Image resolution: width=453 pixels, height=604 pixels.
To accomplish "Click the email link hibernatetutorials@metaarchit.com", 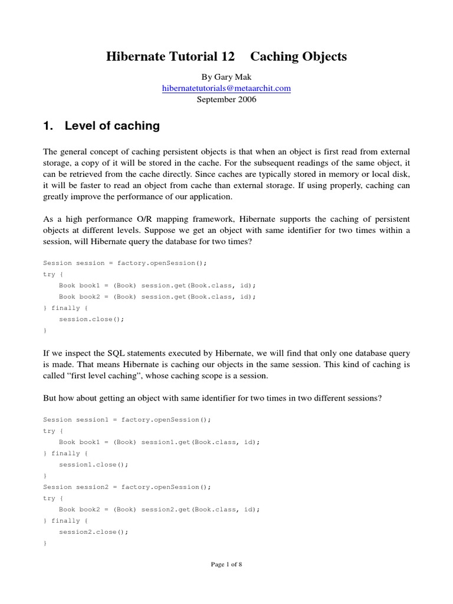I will coord(226,88).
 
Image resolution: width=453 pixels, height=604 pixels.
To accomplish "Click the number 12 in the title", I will coord(226,57).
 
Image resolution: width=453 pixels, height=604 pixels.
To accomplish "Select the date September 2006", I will coord(226,100).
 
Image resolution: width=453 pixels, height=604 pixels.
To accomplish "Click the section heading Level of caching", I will coord(112,126).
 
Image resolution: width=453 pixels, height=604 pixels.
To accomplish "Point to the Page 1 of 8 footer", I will coord(226,564).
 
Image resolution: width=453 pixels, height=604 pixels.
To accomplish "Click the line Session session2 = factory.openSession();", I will coord(127,487).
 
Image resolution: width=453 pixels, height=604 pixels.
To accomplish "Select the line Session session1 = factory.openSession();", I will coord(127,419).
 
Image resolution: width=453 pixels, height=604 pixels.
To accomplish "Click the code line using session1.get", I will coord(159,442).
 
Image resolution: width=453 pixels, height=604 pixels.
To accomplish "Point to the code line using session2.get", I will coord(159,509).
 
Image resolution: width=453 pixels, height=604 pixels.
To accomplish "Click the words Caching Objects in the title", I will coord(298,57).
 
